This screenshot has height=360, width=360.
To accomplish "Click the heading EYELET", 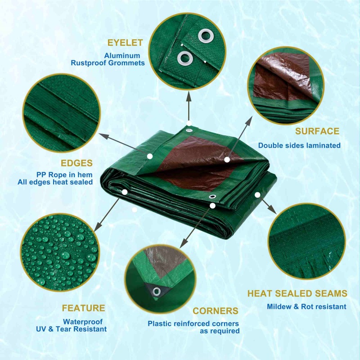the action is pyautogui.click(x=125, y=43).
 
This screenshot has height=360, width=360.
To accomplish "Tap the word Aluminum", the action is pyautogui.click(x=122, y=55).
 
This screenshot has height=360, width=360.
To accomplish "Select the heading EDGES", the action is pyautogui.click(x=76, y=163).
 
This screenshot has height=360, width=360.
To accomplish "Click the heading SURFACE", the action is pyautogui.click(x=317, y=131).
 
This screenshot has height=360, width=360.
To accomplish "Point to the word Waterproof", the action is pyautogui.click(x=83, y=322).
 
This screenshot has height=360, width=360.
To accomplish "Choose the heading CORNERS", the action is pyautogui.click(x=216, y=311).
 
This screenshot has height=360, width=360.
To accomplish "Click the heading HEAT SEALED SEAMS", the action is pyautogui.click(x=297, y=293).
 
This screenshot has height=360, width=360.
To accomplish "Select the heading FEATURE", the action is pyautogui.click(x=84, y=308).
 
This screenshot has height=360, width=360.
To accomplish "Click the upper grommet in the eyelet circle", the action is pyautogui.click(x=206, y=36).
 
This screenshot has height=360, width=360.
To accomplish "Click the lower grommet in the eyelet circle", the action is pyautogui.click(x=185, y=58).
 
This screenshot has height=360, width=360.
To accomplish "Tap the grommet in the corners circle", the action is pyautogui.click(x=157, y=291).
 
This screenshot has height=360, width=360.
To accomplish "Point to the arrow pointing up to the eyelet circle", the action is pyautogui.click(x=189, y=106).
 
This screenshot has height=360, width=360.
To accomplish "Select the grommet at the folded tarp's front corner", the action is pyautogui.click(x=212, y=197).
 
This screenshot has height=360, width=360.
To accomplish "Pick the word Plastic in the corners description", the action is pyautogui.click(x=159, y=324).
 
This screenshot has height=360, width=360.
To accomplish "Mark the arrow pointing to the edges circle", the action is pyautogui.click(x=123, y=144).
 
